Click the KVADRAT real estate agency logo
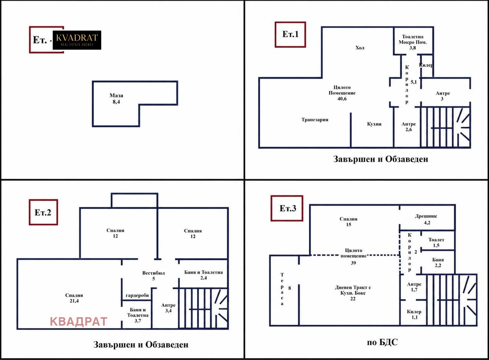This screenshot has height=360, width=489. pyautogui.click(x=77, y=40)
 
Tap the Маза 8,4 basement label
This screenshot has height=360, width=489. pyautogui.click(x=116, y=99)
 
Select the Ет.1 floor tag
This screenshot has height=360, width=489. pyautogui.click(x=290, y=34)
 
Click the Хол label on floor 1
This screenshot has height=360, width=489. pyautogui.click(x=360, y=48)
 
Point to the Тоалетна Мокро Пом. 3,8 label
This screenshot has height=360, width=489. pyautogui.click(x=413, y=42)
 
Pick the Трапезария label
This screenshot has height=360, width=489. pyautogui.click(x=315, y=120)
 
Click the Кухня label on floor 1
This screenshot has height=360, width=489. pyautogui.click(x=374, y=124)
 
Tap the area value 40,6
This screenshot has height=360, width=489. pyautogui.click(x=342, y=99)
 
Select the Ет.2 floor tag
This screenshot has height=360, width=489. pyautogui.click(x=43, y=212)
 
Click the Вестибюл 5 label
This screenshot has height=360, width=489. pyautogui.click(x=154, y=276)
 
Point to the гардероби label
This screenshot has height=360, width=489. pyautogui.click(x=137, y=295)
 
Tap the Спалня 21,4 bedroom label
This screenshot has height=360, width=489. pyautogui.click(x=74, y=298)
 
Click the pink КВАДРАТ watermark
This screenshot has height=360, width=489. pyautogui.click(x=79, y=321)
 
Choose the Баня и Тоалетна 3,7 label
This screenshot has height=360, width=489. pyautogui.click(x=138, y=315)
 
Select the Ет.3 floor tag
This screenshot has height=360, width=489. pyautogui.click(x=287, y=208)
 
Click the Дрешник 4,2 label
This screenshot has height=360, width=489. pyautogui.click(x=426, y=219)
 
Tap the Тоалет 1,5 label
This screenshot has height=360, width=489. pyautogui.click(x=436, y=242)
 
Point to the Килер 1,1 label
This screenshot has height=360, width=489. pyautogui.click(x=414, y=315)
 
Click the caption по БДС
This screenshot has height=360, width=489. pyautogui.click(x=382, y=342)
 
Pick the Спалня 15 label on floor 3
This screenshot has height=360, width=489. pyautogui.click(x=348, y=222)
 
